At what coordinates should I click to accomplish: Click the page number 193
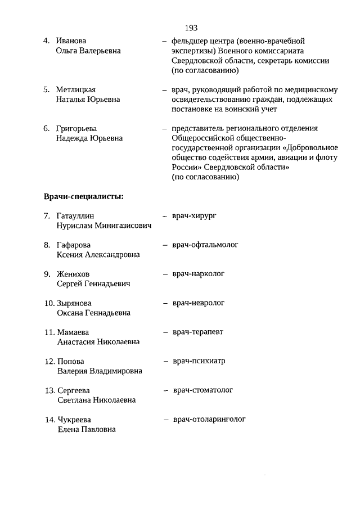pos(190,27)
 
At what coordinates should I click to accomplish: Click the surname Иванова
pos(71,41)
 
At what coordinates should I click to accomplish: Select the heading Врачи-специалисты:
pos(84,197)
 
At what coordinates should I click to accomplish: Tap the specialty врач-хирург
pos(195,215)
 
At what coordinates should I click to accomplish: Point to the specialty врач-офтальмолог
pos(205,245)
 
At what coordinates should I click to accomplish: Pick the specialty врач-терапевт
pos(198,332)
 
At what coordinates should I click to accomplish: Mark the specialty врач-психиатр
pos(199,361)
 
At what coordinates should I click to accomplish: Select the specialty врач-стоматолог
pos(203,390)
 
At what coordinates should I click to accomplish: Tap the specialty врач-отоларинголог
pos(209,419)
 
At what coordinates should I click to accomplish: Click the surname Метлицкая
pos(76,89)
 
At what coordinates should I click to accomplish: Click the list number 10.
pos(49,303)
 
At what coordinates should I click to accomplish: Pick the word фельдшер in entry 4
pos(188,41)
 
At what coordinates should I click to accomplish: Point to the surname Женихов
pos(74,274)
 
